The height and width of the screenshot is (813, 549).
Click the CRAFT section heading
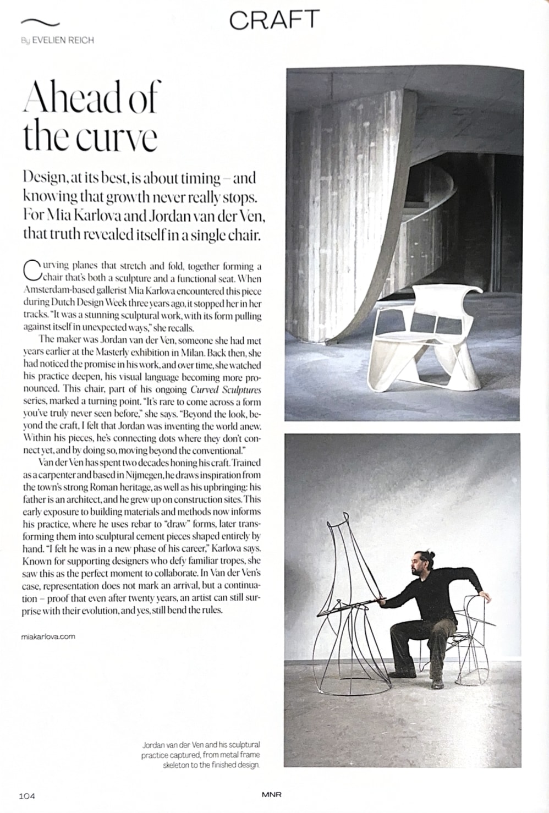pyautogui.click(x=274, y=20)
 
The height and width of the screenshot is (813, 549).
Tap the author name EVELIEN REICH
pyautogui.click(x=63, y=40)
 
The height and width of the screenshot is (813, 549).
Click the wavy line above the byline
pyautogui.click(x=40, y=22)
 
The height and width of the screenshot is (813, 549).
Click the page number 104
pyautogui.click(x=27, y=795)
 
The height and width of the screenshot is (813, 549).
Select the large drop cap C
pyautogui.click(x=32, y=271)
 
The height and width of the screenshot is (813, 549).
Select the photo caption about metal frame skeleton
pyautogui.click(x=201, y=755)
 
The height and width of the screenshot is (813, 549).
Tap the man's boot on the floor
pyautogui.click(x=438, y=683)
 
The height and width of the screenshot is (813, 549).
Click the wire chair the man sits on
pyautogui.click(x=473, y=633)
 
